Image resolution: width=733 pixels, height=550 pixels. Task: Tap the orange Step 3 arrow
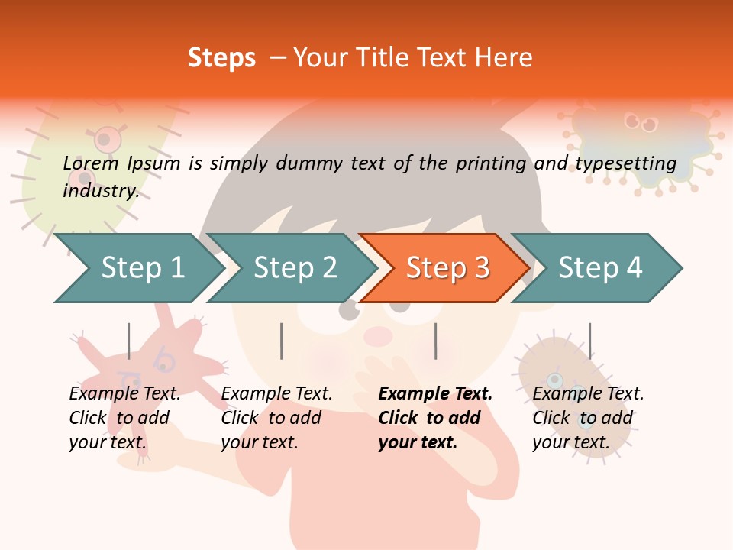pos(447,268)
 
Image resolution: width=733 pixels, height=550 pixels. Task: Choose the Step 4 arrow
pos(600,268)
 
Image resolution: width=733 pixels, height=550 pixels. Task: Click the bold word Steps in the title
pos(221,58)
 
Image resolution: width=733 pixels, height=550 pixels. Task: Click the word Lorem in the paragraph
pos(91,163)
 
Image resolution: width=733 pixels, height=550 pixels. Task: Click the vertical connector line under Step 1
pos(129,341)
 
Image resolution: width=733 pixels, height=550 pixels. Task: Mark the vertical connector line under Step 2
pos(282,341)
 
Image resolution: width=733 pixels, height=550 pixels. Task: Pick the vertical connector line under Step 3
pos(435,341)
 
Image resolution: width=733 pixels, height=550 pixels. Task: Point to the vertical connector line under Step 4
pos(589,341)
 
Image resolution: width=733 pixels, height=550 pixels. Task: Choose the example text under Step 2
pos(276,418)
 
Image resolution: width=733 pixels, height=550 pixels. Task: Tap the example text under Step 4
pos(588,418)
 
